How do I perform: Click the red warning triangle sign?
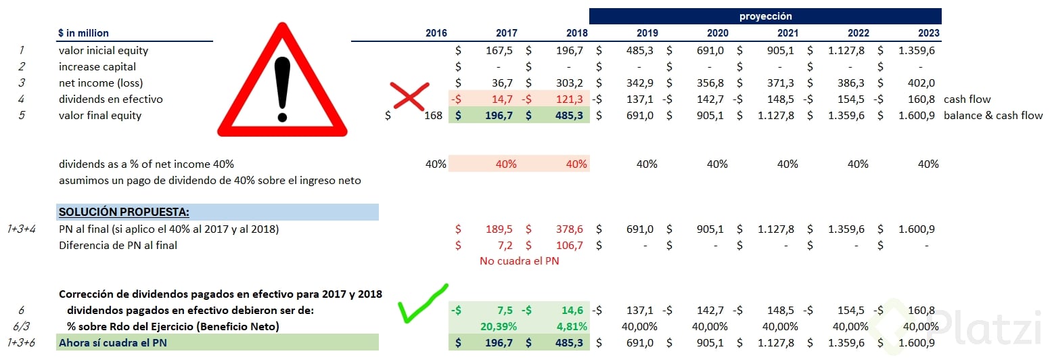click(x=282, y=85)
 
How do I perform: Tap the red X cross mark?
click(x=410, y=97)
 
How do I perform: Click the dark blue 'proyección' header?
click(x=764, y=16)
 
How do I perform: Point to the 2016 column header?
click(x=436, y=33)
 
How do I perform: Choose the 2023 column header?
click(x=928, y=33)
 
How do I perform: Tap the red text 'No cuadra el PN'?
click(x=519, y=261)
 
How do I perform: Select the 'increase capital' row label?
click(x=97, y=66)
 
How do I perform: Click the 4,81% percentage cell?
click(x=572, y=326)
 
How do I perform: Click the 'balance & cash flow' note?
click(x=993, y=115)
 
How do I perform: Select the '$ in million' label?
click(x=83, y=33)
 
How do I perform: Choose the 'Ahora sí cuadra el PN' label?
click(x=113, y=342)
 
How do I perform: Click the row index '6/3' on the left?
click(x=22, y=326)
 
